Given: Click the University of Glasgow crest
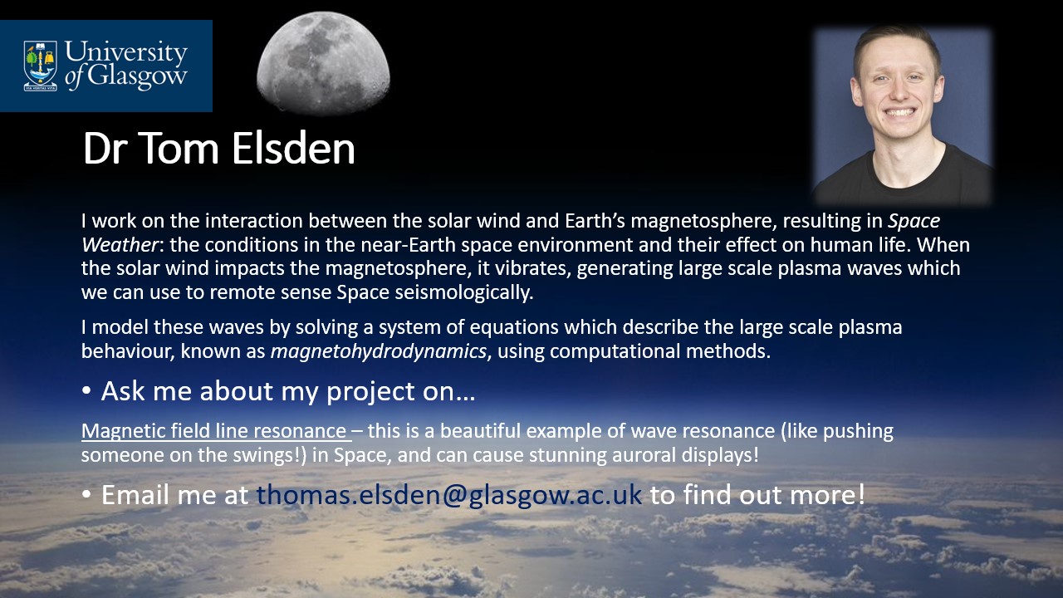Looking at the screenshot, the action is (x=41, y=66).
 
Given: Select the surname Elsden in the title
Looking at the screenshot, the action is (x=293, y=148).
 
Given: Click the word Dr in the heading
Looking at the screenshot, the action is (x=107, y=148).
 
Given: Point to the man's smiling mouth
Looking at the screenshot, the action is (x=899, y=114).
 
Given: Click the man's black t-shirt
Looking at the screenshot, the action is (x=902, y=178).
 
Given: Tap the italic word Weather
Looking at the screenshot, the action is (x=120, y=245).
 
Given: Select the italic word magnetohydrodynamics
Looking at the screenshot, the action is (x=379, y=351).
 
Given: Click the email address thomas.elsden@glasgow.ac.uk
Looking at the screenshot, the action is (x=449, y=494).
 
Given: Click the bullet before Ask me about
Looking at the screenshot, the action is (x=86, y=391).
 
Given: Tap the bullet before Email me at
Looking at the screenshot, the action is (x=86, y=494).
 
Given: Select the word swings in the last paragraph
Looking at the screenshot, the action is (x=266, y=456).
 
